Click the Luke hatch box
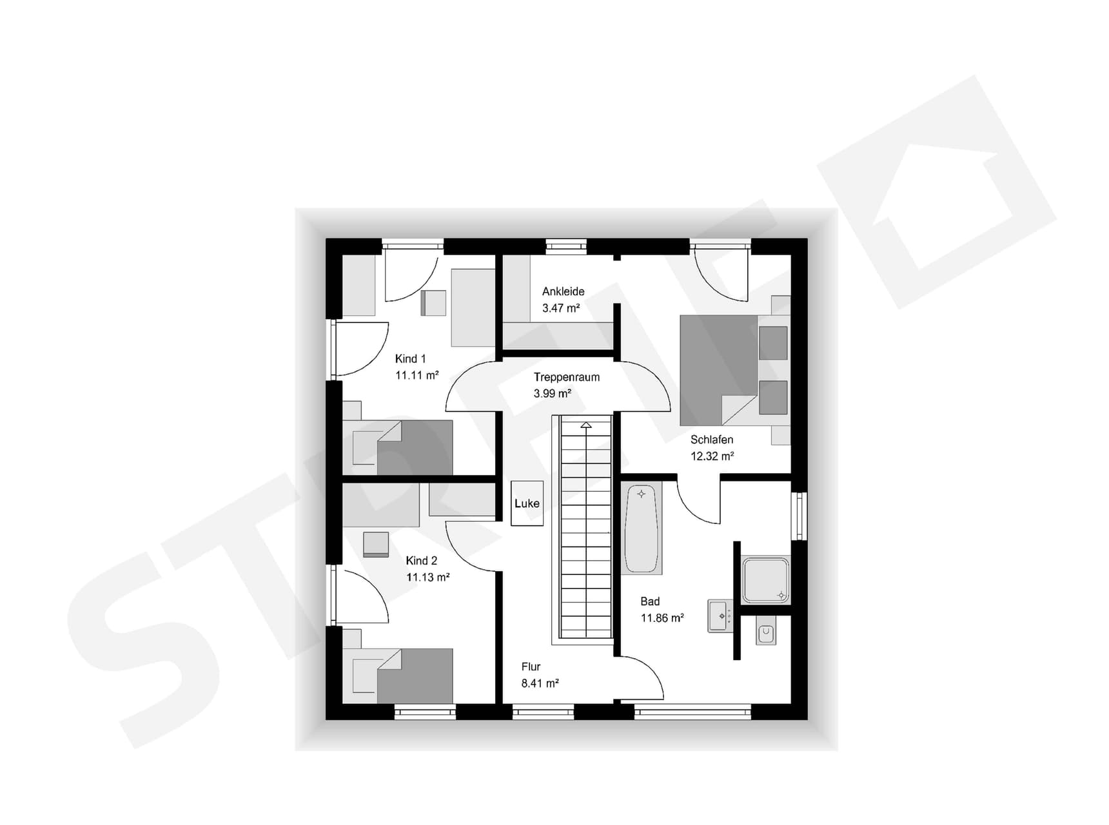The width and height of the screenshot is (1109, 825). [527, 503]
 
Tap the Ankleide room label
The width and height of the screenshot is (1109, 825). [563, 291]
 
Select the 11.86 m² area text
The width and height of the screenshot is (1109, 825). [662, 618]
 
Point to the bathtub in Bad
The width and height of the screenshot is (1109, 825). [642, 529]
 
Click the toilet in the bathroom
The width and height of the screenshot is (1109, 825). [765, 633]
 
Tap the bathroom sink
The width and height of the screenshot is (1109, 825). [720, 616]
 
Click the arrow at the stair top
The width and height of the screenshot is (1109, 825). [585, 425]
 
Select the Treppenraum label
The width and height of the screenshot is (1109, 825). [566, 377]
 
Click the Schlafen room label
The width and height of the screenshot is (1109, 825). [711, 440]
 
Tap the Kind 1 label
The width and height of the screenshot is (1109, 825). [410, 359]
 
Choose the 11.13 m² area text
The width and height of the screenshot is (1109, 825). [427, 577]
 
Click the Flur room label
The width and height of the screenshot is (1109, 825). [531, 667]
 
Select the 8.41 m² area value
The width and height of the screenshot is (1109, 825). [540, 683]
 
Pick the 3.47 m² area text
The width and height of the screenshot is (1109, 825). [560, 308]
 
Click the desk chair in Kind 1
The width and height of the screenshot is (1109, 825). [433, 303]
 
